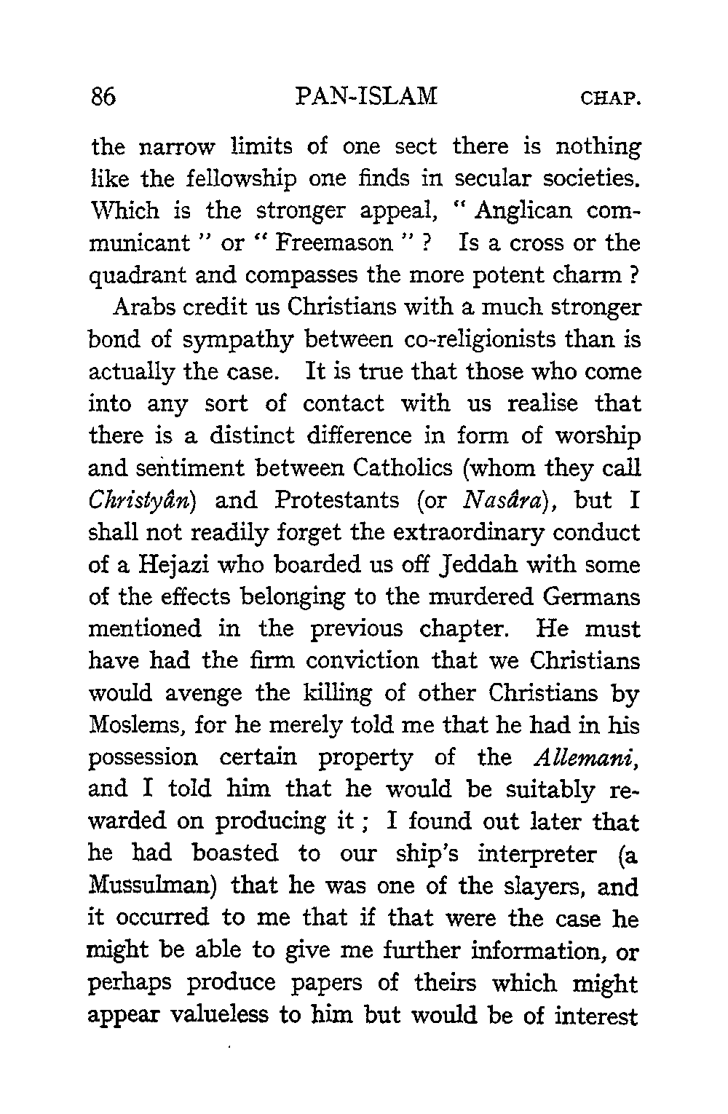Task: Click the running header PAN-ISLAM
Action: (368, 97)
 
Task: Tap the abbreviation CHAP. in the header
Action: (610, 98)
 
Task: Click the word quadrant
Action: (141, 277)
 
